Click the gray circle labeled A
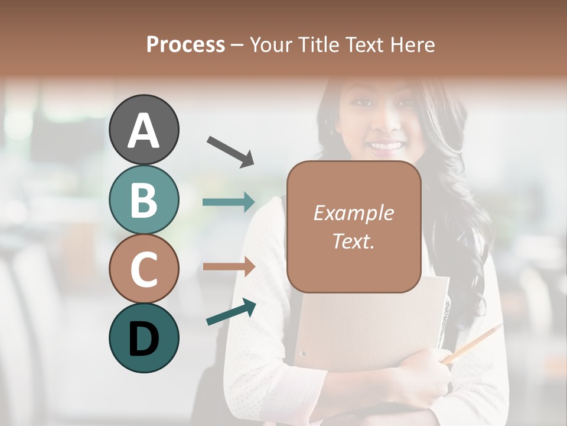click(144, 130)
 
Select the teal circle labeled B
click(144, 199)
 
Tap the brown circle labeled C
click(144, 269)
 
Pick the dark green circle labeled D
click(144, 338)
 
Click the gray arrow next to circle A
click(230, 151)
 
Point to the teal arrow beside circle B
click(229, 202)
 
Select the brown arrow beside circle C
click(229, 266)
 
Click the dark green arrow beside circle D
click(231, 312)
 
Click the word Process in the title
click(185, 44)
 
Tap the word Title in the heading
click(317, 44)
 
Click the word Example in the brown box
click(353, 213)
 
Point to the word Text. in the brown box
click(353, 241)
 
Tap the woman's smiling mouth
click(387, 146)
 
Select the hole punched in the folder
click(303, 354)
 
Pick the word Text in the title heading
click(364, 44)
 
